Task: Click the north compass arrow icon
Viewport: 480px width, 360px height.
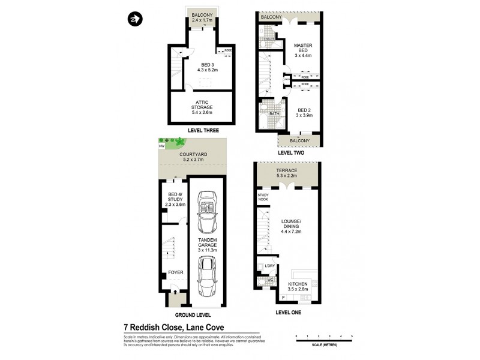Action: click(x=135, y=19)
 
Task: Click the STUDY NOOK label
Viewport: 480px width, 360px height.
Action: click(x=262, y=197)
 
